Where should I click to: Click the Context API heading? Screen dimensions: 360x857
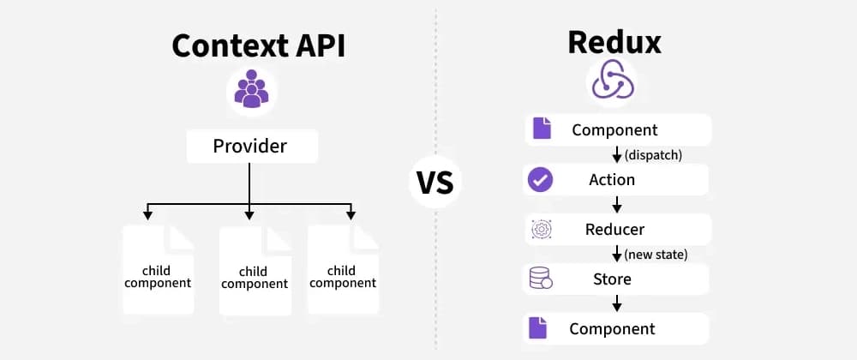258,45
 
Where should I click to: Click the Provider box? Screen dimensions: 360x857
251,147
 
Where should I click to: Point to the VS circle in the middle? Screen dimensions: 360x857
435,182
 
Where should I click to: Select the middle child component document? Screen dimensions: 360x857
254,271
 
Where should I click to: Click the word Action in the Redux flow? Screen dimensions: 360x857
612,180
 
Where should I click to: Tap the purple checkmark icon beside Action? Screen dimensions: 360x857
541,180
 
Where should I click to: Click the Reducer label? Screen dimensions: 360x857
614,230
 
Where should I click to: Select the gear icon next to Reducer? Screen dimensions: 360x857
541,230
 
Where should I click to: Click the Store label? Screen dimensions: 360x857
612,279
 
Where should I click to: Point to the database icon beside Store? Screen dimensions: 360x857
541,279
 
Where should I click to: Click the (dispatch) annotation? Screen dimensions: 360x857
652,155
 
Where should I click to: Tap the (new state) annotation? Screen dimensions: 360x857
655,255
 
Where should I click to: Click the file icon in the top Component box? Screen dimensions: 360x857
541,129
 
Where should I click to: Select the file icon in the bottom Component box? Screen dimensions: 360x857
537,329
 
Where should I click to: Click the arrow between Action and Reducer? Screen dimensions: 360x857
616,205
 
